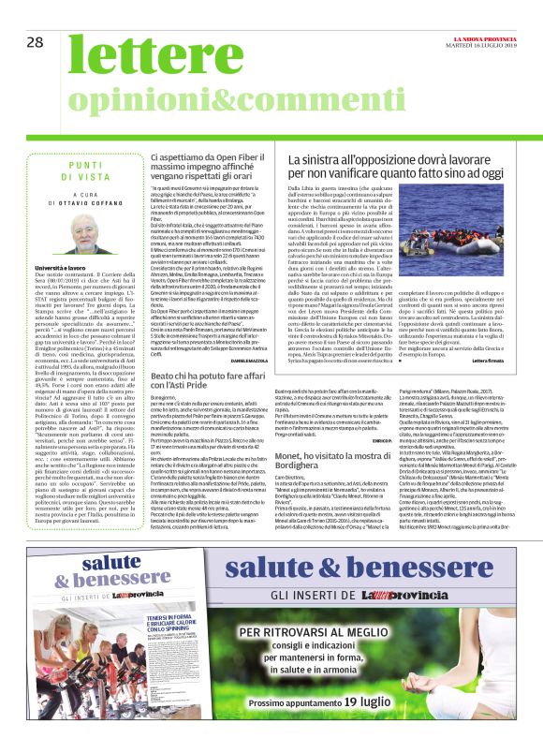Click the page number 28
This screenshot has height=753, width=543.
pyautogui.click(x=35, y=42)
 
